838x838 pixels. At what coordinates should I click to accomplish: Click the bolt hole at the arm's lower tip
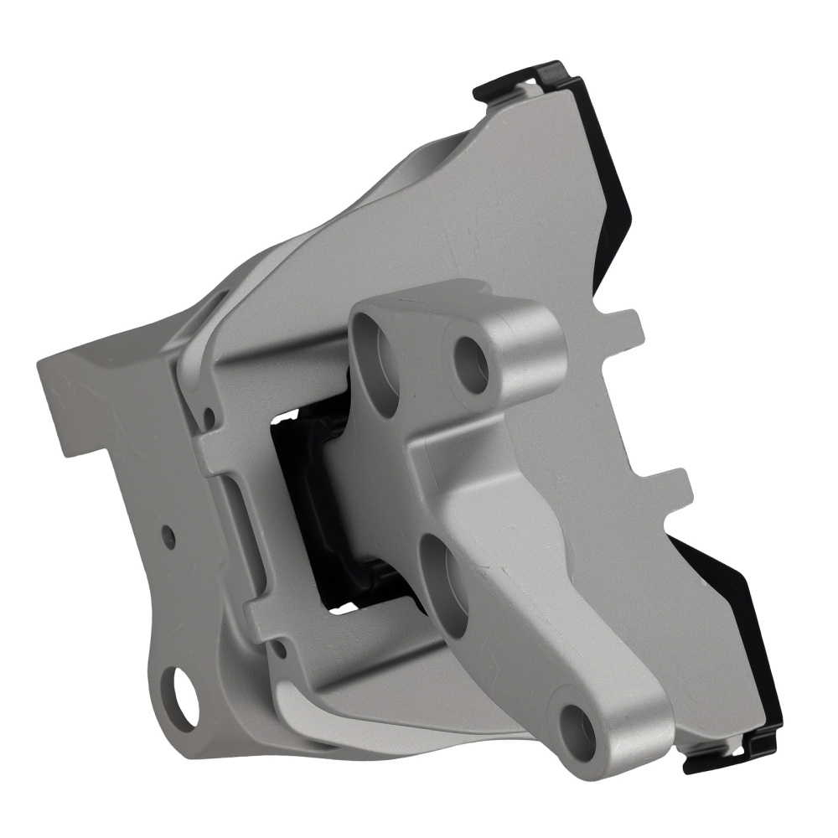point(577,726)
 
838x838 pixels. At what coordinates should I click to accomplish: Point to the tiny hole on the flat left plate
point(170,533)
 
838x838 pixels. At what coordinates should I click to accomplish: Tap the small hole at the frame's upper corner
point(209,416)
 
